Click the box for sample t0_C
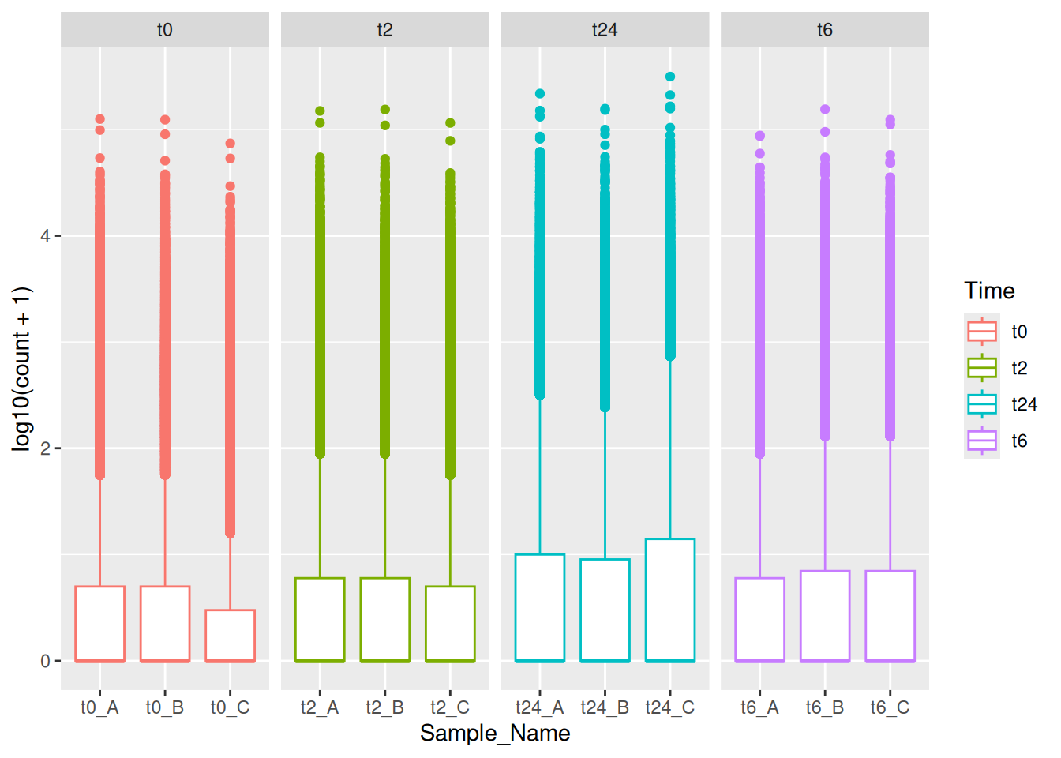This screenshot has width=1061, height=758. tap(230, 635)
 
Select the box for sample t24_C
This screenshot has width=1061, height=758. tap(670, 599)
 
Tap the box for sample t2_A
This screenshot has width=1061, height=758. tap(320, 619)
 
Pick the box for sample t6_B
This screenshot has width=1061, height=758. tap(825, 615)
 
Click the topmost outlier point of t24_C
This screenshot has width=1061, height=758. tap(670, 77)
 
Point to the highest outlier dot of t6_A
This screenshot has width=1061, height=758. tap(760, 136)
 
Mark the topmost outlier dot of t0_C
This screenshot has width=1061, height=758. tap(230, 144)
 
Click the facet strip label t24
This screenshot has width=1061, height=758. tap(605, 30)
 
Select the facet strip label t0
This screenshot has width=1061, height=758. tap(164, 30)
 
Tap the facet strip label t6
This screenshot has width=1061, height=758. tap(825, 30)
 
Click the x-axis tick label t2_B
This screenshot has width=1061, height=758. tap(384, 707)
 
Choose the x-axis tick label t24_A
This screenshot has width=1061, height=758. tap(540, 707)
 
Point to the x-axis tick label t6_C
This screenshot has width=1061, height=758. tap(890, 707)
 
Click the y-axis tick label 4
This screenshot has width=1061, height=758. tap(45, 236)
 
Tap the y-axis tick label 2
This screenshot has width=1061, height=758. tap(45, 448)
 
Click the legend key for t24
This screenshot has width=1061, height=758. tap(982, 404)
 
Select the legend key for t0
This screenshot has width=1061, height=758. tap(982, 332)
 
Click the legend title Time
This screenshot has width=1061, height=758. tap(989, 291)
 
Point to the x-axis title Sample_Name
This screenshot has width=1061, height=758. tap(495, 734)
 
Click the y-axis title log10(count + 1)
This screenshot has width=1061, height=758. tap(21, 369)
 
